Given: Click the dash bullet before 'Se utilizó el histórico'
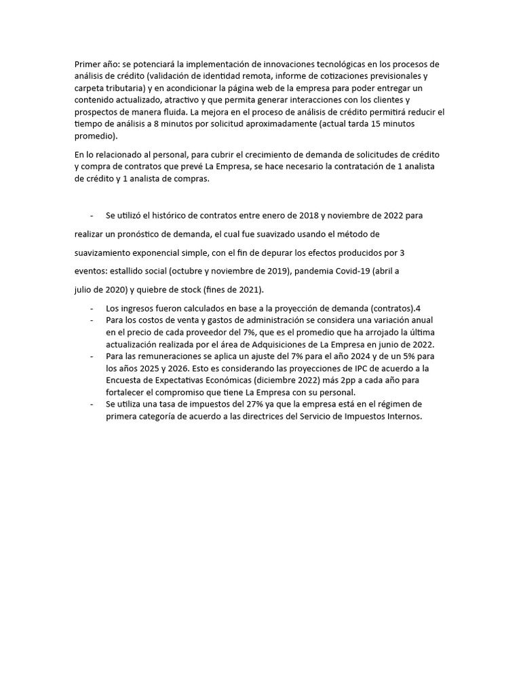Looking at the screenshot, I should tap(92, 215).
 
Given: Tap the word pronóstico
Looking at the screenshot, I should tap(135, 234).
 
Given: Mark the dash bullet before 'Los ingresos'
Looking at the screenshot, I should tap(92, 308).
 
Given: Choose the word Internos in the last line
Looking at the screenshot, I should tap(404, 417).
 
